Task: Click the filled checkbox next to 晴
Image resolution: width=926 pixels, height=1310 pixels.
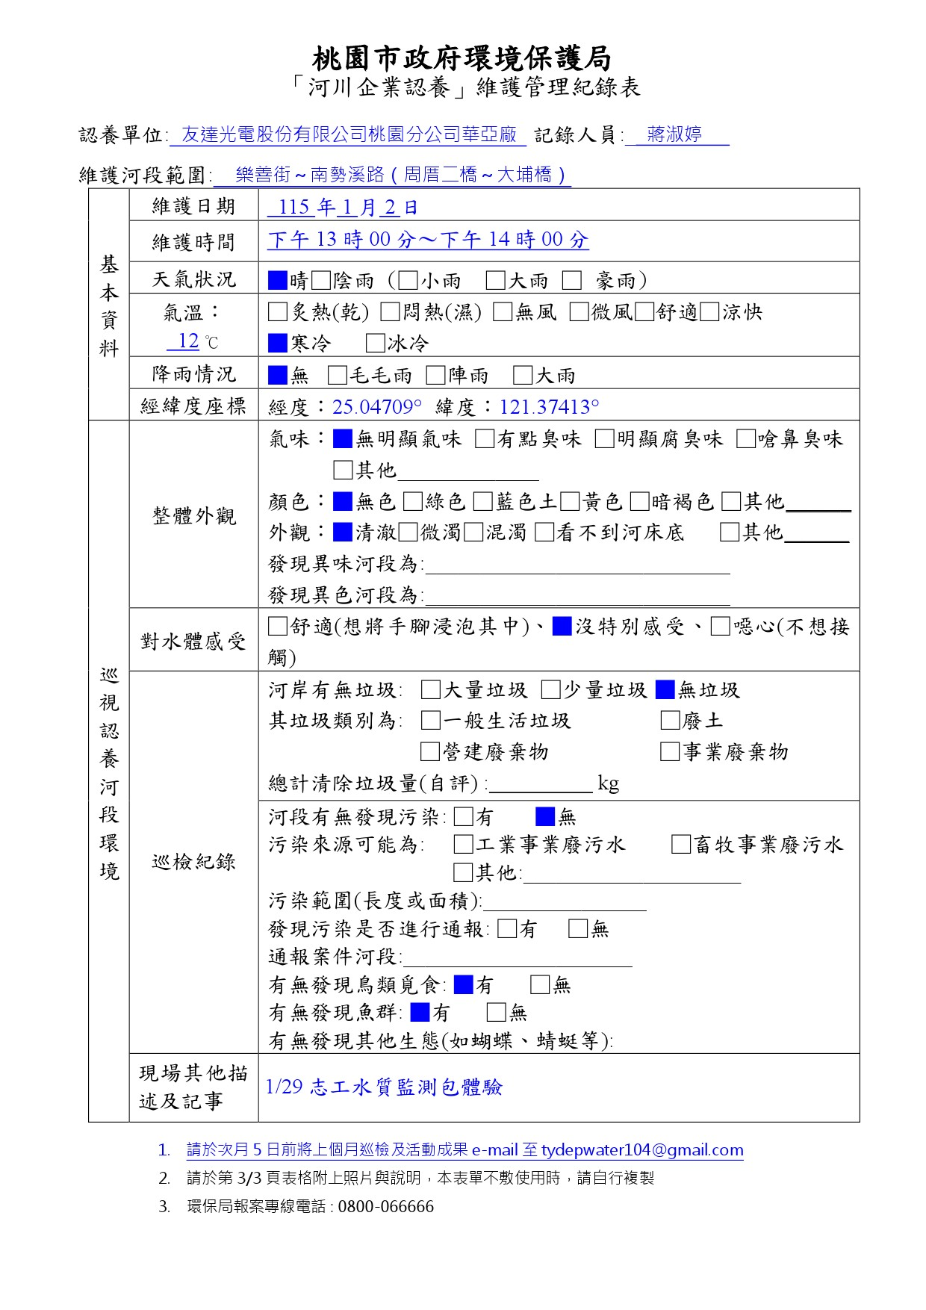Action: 278,281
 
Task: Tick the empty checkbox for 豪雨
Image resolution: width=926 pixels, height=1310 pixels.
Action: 572,281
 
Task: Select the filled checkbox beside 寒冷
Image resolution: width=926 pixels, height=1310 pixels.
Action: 278,343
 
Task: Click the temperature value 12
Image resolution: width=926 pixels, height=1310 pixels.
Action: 188,341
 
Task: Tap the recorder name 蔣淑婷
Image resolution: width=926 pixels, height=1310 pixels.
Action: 674,134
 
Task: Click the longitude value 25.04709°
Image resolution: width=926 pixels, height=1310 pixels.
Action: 377,407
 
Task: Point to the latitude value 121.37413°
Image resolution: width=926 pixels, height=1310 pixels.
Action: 549,407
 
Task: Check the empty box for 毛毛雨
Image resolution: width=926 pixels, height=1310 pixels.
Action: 338,375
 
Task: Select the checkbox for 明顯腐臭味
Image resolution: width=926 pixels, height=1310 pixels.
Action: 604,439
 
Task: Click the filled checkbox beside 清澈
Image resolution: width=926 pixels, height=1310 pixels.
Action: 342,533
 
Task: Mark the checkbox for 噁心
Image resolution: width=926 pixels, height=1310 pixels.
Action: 720,626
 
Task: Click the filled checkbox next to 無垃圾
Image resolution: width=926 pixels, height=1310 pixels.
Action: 665,689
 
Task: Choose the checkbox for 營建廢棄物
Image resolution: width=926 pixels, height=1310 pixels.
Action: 430,751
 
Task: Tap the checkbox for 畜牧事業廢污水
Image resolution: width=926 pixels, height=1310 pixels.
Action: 680,845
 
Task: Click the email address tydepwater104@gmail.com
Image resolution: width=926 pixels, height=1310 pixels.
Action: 642,1150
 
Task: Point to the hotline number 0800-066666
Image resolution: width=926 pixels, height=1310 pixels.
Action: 385,1207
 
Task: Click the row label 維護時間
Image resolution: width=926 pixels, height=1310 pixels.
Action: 193,242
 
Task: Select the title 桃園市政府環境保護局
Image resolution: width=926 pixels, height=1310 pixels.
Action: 462,58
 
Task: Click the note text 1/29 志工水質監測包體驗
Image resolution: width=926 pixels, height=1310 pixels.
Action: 384,1087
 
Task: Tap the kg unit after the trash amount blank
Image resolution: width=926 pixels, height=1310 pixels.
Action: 608,783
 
